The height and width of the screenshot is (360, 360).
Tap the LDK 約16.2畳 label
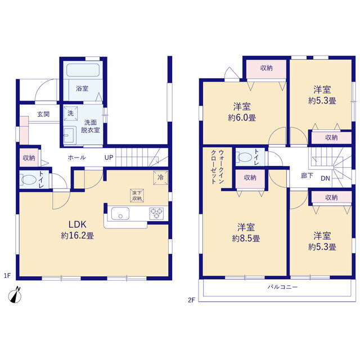(x=78, y=230)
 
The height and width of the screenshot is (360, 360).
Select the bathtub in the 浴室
(x=83, y=70)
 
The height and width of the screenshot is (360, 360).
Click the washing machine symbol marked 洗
(x=70, y=113)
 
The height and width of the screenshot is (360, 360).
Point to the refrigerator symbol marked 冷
(x=160, y=178)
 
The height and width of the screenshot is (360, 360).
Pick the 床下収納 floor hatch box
(x=137, y=196)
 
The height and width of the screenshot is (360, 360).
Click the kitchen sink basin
(x=120, y=214)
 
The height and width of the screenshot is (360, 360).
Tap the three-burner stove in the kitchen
(x=156, y=214)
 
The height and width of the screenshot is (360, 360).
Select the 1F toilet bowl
(x=29, y=180)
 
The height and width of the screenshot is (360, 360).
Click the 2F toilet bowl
(x=245, y=157)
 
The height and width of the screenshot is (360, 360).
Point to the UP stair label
(x=109, y=157)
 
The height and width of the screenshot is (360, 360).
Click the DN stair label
(x=325, y=178)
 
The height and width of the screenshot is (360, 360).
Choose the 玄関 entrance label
(x=43, y=114)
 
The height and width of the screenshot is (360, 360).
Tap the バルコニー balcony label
(x=282, y=287)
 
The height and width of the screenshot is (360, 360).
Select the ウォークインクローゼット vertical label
(x=217, y=166)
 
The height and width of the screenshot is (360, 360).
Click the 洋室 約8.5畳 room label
(x=246, y=232)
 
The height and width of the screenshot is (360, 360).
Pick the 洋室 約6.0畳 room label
(x=242, y=112)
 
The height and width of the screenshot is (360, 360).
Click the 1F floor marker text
(x=7, y=275)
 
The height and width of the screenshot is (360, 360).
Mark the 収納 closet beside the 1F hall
(x=29, y=157)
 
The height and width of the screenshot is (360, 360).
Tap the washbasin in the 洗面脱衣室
(x=70, y=135)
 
